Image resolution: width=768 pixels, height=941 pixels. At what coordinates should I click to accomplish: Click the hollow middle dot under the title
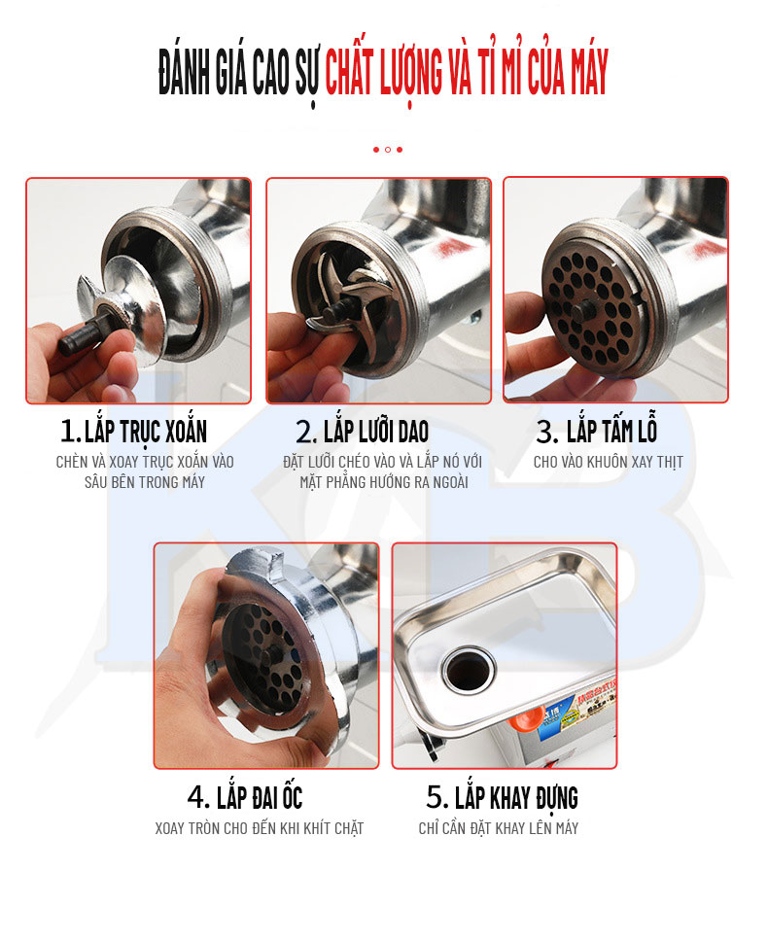387,150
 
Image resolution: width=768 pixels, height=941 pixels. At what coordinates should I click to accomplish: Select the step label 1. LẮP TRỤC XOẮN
133,431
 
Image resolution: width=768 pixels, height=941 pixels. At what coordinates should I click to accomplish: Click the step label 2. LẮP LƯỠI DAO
362,431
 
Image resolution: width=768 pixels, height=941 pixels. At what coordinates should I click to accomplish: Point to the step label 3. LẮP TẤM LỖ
597,431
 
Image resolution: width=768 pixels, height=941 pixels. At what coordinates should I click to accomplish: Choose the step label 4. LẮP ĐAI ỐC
245,798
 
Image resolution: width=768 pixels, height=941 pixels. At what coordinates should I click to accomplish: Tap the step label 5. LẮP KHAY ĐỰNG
502,798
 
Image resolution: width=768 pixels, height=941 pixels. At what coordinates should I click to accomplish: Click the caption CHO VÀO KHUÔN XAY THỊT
608,462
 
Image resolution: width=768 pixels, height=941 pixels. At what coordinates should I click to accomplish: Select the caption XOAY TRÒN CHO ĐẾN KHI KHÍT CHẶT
259,828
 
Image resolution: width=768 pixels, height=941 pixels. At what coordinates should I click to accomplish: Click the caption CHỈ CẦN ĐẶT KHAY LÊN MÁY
499,828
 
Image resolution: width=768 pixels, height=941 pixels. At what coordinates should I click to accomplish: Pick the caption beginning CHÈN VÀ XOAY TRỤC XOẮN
145,471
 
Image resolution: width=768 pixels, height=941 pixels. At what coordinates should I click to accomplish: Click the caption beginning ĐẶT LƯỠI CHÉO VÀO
382,471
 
